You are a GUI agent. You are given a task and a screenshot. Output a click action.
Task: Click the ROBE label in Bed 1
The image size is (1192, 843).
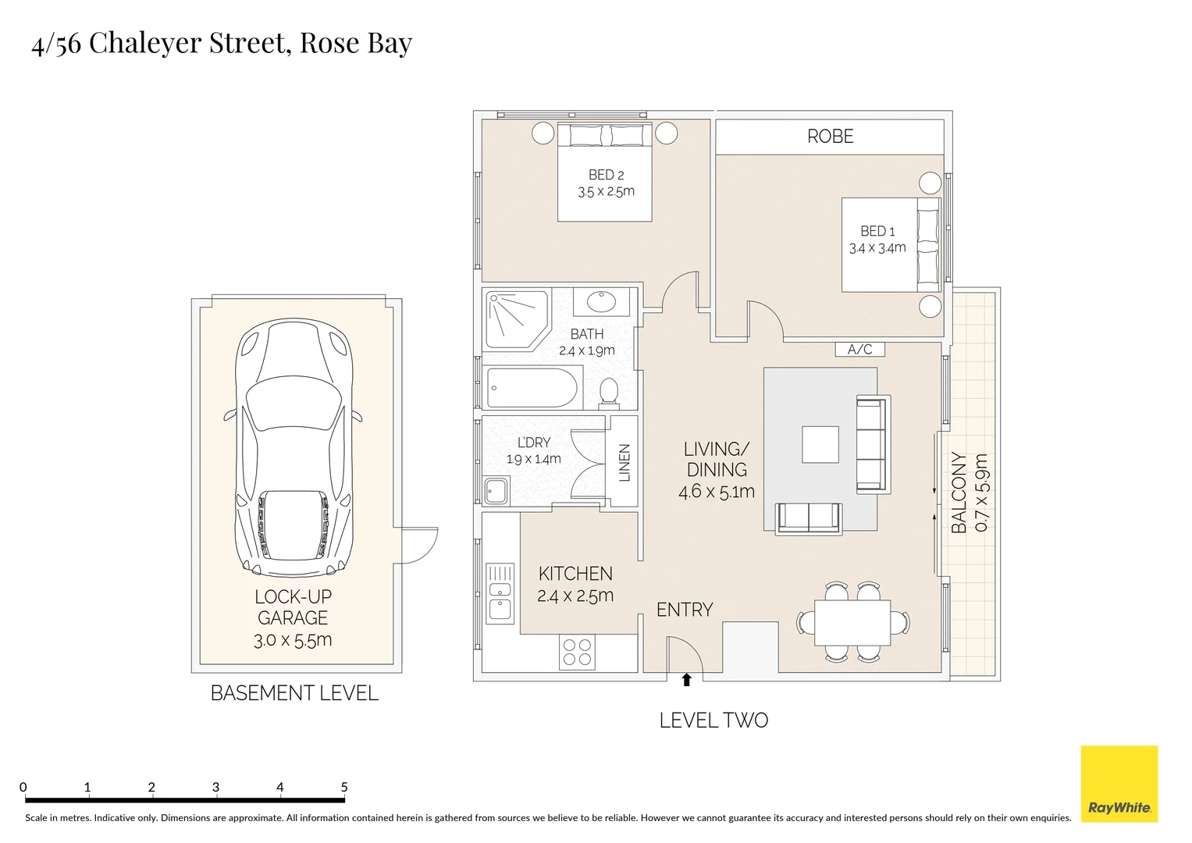click(830, 137)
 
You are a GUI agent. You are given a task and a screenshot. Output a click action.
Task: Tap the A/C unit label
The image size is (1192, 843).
click(859, 350)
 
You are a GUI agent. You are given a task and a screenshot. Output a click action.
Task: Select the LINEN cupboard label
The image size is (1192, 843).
click(624, 462)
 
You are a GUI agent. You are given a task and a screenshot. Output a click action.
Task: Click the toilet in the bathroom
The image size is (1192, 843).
click(609, 393)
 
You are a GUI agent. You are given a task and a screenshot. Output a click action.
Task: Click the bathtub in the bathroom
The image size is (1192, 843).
click(532, 388)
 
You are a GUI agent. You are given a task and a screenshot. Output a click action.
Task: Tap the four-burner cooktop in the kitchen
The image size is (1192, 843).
click(577, 653)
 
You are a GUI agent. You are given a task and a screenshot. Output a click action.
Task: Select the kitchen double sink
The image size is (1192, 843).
click(500, 594)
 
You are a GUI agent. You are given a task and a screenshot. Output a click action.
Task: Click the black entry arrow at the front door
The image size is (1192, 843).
click(686, 680)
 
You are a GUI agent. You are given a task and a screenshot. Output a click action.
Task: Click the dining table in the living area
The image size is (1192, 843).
click(852, 622)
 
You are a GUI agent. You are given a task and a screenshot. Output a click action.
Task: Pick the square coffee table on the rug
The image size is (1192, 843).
click(820, 444)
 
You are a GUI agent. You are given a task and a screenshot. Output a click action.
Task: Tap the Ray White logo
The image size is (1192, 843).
click(1119, 784)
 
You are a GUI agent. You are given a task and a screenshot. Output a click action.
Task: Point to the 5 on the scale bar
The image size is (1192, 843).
click(343, 787)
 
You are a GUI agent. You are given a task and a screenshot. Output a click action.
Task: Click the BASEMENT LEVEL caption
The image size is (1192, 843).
click(294, 693)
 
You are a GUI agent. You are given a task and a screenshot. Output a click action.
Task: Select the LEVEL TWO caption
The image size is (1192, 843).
click(713, 720)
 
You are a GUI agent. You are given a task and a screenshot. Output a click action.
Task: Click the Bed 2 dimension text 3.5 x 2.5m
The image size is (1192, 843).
click(606, 192)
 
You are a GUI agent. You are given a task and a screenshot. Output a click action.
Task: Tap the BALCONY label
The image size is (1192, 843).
click(959, 493)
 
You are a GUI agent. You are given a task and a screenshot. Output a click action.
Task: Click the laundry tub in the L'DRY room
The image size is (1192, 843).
click(496, 492)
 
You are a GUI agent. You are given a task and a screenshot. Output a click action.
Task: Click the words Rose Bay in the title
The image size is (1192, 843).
click(355, 43)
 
